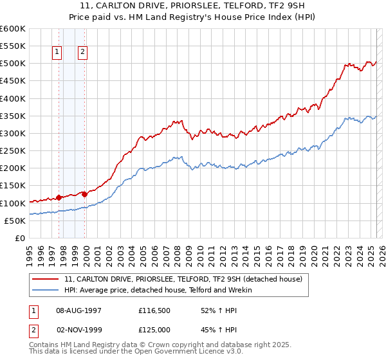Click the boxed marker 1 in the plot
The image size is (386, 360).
point(57,53)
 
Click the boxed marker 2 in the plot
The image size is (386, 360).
point(83,53)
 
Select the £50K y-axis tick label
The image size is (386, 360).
point(15,221)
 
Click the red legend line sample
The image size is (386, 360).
point(46,279)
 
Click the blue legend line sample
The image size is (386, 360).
point(46,290)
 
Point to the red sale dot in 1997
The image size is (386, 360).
point(59,197)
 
